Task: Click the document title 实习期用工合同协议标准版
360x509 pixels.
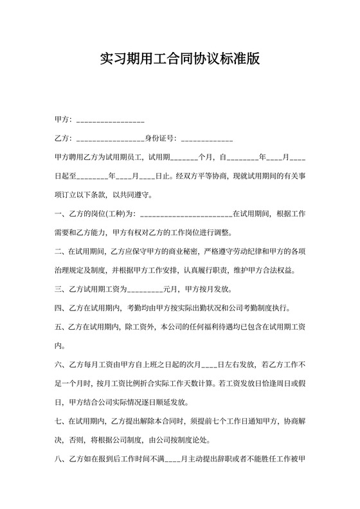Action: coord(180,60)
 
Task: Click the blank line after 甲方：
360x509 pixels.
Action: coord(110,120)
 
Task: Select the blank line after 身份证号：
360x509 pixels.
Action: coord(207,139)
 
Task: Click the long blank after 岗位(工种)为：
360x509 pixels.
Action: coord(185,213)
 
